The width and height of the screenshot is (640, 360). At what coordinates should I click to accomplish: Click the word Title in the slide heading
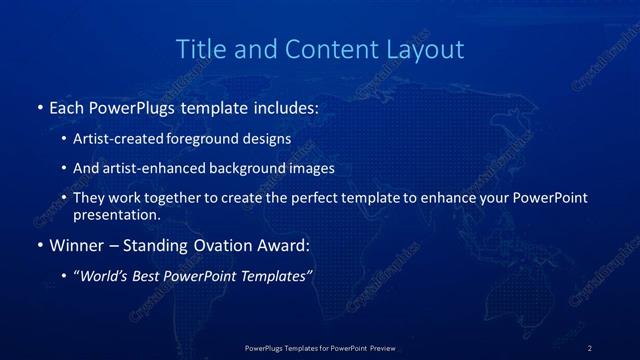[x=200, y=49]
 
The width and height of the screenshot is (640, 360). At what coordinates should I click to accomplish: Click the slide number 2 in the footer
[x=590, y=347]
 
